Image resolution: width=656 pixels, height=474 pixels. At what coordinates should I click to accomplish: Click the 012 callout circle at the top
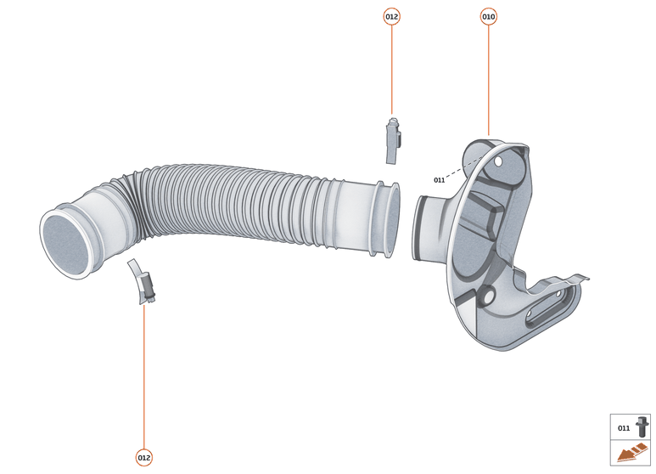[391, 16]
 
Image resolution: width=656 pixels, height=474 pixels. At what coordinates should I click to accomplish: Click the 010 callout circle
[489, 16]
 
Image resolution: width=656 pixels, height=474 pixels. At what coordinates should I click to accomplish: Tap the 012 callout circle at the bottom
[143, 458]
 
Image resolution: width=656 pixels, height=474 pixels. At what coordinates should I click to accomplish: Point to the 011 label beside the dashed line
[439, 180]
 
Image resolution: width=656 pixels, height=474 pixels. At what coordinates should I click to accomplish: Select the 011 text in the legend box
[624, 428]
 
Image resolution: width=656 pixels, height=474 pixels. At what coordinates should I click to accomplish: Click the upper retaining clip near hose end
[392, 139]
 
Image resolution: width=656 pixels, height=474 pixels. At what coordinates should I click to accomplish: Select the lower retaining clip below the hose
[143, 282]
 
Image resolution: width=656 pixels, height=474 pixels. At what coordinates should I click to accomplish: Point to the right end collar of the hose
[386, 218]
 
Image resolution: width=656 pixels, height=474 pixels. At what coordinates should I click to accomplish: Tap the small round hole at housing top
[500, 160]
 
